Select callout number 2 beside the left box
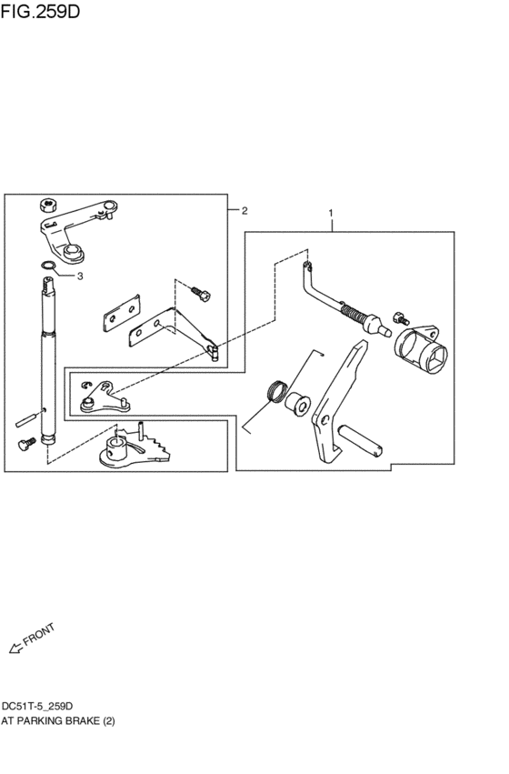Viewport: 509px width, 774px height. (x=243, y=210)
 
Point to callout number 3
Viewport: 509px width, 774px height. (x=80, y=275)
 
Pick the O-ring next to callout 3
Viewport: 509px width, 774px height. (x=48, y=266)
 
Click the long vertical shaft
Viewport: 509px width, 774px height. (x=46, y=364)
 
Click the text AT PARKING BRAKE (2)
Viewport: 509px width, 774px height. (x=57, y=719)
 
